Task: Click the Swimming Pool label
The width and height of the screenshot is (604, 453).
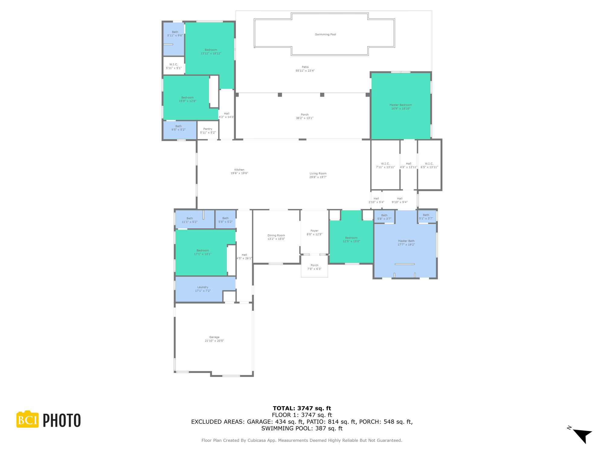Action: coord(325,34)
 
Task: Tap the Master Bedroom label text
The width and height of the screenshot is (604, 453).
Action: coord(400,105)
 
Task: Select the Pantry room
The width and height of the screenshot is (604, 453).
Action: coord(208,130)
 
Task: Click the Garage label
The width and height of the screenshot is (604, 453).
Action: coord(214,337)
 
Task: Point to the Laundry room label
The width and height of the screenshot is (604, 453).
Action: coord(203,287)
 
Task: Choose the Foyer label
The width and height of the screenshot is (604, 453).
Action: coord(314,231)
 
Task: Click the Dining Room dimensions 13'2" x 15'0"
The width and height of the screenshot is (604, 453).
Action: coord(276,239)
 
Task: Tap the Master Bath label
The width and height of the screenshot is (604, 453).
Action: coord(406,241)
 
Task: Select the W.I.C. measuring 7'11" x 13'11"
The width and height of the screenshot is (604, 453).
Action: coord(385,165)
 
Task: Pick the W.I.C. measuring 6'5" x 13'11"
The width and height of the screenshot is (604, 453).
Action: coord(429,165)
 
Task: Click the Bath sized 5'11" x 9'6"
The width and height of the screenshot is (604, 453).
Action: coord(175,34)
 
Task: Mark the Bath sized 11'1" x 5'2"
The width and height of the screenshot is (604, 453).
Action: coord(190,220)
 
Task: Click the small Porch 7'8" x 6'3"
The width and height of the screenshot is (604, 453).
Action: coord(314,267)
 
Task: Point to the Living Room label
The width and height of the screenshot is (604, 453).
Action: coord(318,174)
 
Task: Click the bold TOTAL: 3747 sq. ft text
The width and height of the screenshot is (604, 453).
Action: coord(302,408)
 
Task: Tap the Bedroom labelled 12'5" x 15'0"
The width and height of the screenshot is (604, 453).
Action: coord(351,239)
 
